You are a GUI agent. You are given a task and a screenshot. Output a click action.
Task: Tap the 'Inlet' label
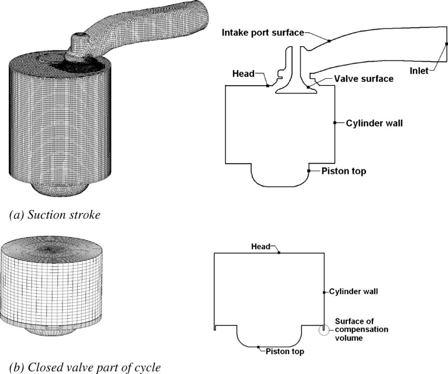419,71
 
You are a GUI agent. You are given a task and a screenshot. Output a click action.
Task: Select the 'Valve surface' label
363,79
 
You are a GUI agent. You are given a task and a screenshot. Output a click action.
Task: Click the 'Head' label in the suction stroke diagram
243,74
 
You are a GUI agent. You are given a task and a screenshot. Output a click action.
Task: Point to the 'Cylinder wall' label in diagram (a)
374,123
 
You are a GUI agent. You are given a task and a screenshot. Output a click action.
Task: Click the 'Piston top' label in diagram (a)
343,171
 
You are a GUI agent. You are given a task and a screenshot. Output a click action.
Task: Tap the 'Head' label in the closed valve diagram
261,246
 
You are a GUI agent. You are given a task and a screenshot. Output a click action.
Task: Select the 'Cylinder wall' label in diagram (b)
353,291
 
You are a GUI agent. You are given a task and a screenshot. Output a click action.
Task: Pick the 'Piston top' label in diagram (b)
285,351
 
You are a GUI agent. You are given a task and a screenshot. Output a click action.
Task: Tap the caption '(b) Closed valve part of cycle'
80,367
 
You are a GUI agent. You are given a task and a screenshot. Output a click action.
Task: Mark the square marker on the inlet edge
446,44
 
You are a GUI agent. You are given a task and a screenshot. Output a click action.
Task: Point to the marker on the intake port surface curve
329,40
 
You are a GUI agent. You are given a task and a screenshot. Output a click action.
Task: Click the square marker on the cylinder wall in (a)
335,123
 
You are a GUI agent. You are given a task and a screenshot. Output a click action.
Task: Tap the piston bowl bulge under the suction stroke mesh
61,188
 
